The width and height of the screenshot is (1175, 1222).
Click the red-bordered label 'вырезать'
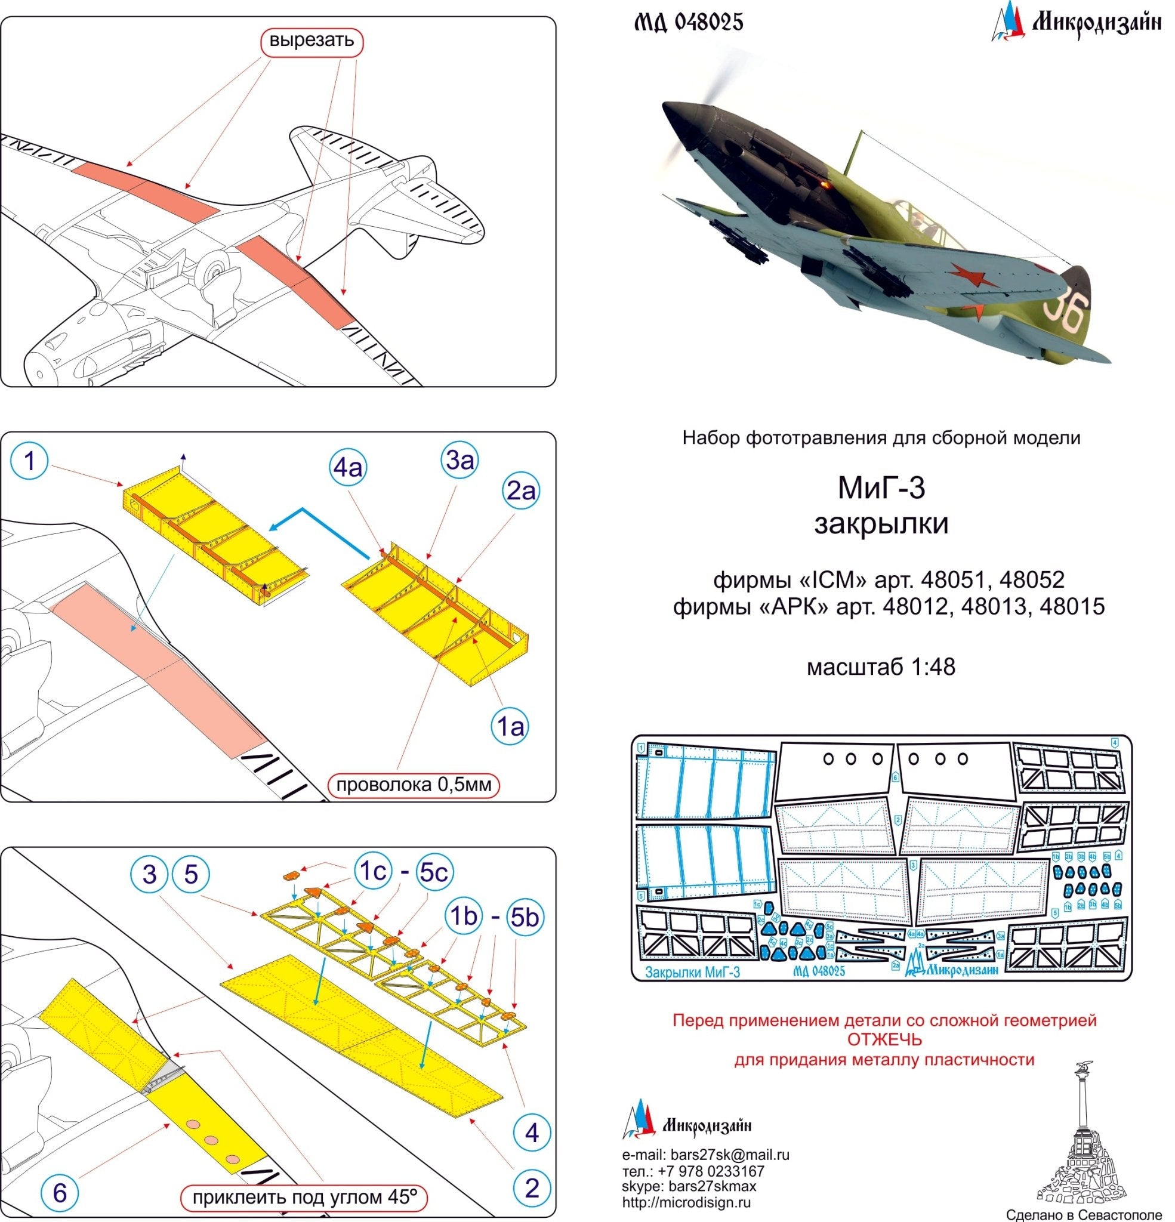(312, 42)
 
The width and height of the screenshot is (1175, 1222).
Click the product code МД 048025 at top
(689, 23)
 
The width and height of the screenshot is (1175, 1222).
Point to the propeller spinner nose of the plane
(677, 115)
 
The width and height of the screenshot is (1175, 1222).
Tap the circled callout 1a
(510, 726)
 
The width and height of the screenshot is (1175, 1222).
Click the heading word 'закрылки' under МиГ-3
(881, 524)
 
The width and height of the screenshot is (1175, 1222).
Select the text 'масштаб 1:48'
(881, 667)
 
